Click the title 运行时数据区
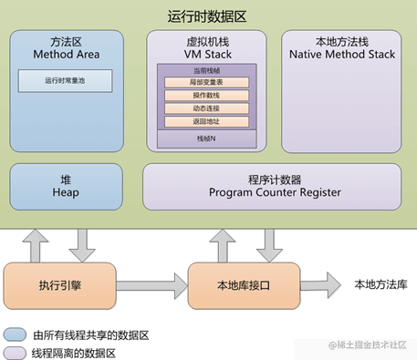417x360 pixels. (x=207, y=15)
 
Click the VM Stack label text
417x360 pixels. (x=207, y=55)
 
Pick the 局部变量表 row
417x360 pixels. (x=206, y=83)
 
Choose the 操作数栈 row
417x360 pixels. (x=206, y=96)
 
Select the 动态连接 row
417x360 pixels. (x=206, y=108)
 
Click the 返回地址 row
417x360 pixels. (x=206, y=121)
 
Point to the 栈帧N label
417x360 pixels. (x=206, y=139)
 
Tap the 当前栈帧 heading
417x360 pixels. (x=206, y=70)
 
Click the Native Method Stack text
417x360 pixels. (x=341, y=55)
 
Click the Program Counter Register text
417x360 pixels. (x=274, y=192)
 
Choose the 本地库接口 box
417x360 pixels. (x=243, y=284)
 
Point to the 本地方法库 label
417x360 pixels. (x=380, y=284)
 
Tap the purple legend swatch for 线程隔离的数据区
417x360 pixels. (x=15, y=351)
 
